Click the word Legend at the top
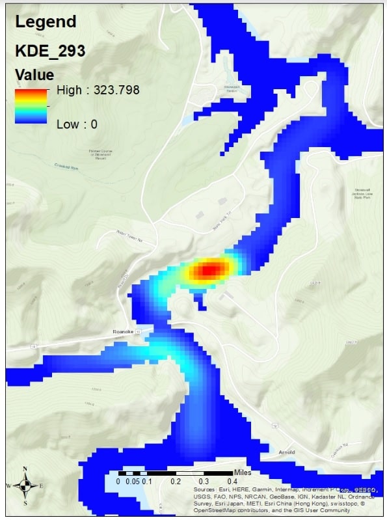pyautogui.click(x=45, y=21)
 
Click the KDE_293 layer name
pyautogui.click(x=50, y=51)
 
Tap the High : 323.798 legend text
pyautogui.click(x=98, y=90)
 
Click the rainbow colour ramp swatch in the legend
pyautogui.click(x=31, y=106)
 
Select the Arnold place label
pyautogui.click(x=286, y=452)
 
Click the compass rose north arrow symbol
pyautogui.click(x=25, y=485)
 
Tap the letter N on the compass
pyautogui.click(x=25, y=469)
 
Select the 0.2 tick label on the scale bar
pyautogui.click(x=175, y=482)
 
